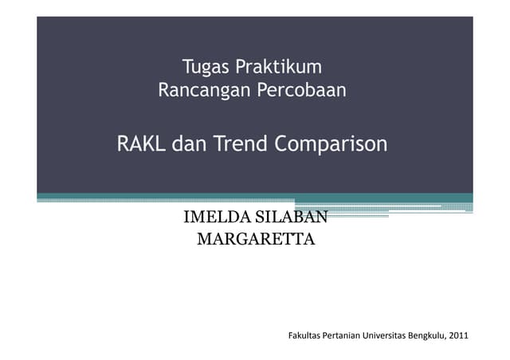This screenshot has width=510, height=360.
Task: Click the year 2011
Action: point(459,335)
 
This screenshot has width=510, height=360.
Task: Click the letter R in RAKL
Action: point(124,145)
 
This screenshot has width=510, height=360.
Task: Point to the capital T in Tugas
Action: point(187,65)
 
